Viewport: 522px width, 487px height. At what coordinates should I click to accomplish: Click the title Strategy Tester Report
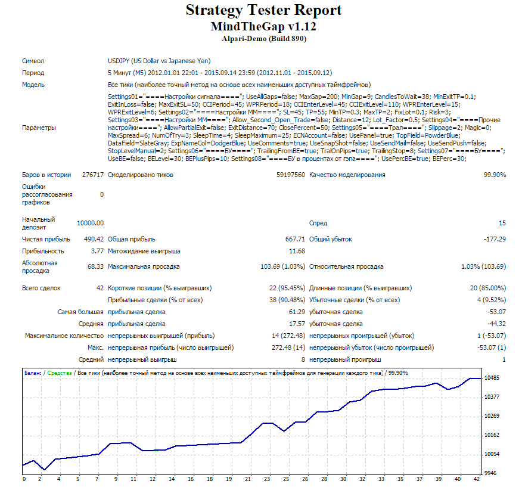click(x=263, y=10)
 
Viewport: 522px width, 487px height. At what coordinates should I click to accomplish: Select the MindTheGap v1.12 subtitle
click(x=263, y=26)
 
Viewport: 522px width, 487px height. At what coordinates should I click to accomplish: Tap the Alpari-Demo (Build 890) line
click(x=264, y=39)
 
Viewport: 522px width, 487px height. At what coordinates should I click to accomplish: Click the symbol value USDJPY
click(x=119, y=61)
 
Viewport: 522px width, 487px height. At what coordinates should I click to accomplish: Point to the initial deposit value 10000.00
click(x=90, y=223)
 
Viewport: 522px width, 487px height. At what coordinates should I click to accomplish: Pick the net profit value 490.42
click(x=94, y=239)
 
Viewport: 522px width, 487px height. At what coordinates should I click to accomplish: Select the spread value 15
click(x=502, y=223)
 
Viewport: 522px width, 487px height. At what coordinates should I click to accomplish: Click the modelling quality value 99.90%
click(x=495, y=175)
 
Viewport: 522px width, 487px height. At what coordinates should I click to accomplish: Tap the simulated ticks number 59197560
click(x=291, y=175)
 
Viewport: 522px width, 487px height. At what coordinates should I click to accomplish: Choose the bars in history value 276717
click(x=93, y=175)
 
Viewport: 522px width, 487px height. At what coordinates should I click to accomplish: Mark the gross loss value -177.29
click(x=495, y=239)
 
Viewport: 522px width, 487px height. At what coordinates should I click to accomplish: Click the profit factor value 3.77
click(x=97, y=251)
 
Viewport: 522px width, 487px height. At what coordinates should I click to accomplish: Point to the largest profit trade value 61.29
click(x=297, y=312)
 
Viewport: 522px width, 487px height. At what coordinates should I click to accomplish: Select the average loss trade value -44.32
click(x=496, y=324)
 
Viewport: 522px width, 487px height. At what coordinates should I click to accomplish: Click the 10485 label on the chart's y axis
click(x=492, y=378)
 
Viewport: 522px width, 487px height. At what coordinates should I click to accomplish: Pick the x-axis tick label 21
click(x=248, y=479)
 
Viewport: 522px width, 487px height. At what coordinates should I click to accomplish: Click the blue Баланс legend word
click(x=33, y=373)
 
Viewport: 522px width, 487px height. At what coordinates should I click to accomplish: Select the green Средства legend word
click(x=60, y=373)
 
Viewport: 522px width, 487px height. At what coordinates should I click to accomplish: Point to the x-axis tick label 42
click(x=477, y=479)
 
